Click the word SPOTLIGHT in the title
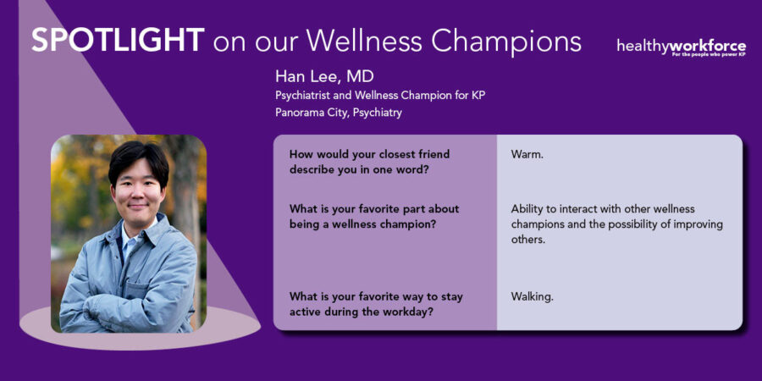[x=118, y=41]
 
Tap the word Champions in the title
[x=506, y=43]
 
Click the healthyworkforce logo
[x=682, y=47]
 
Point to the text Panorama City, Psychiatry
[x=339, y=113]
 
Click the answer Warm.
[x=527, y=155]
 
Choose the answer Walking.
[x=533, y=297]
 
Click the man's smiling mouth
[x=138, y=206]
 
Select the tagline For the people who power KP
[x=709, y=55]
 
